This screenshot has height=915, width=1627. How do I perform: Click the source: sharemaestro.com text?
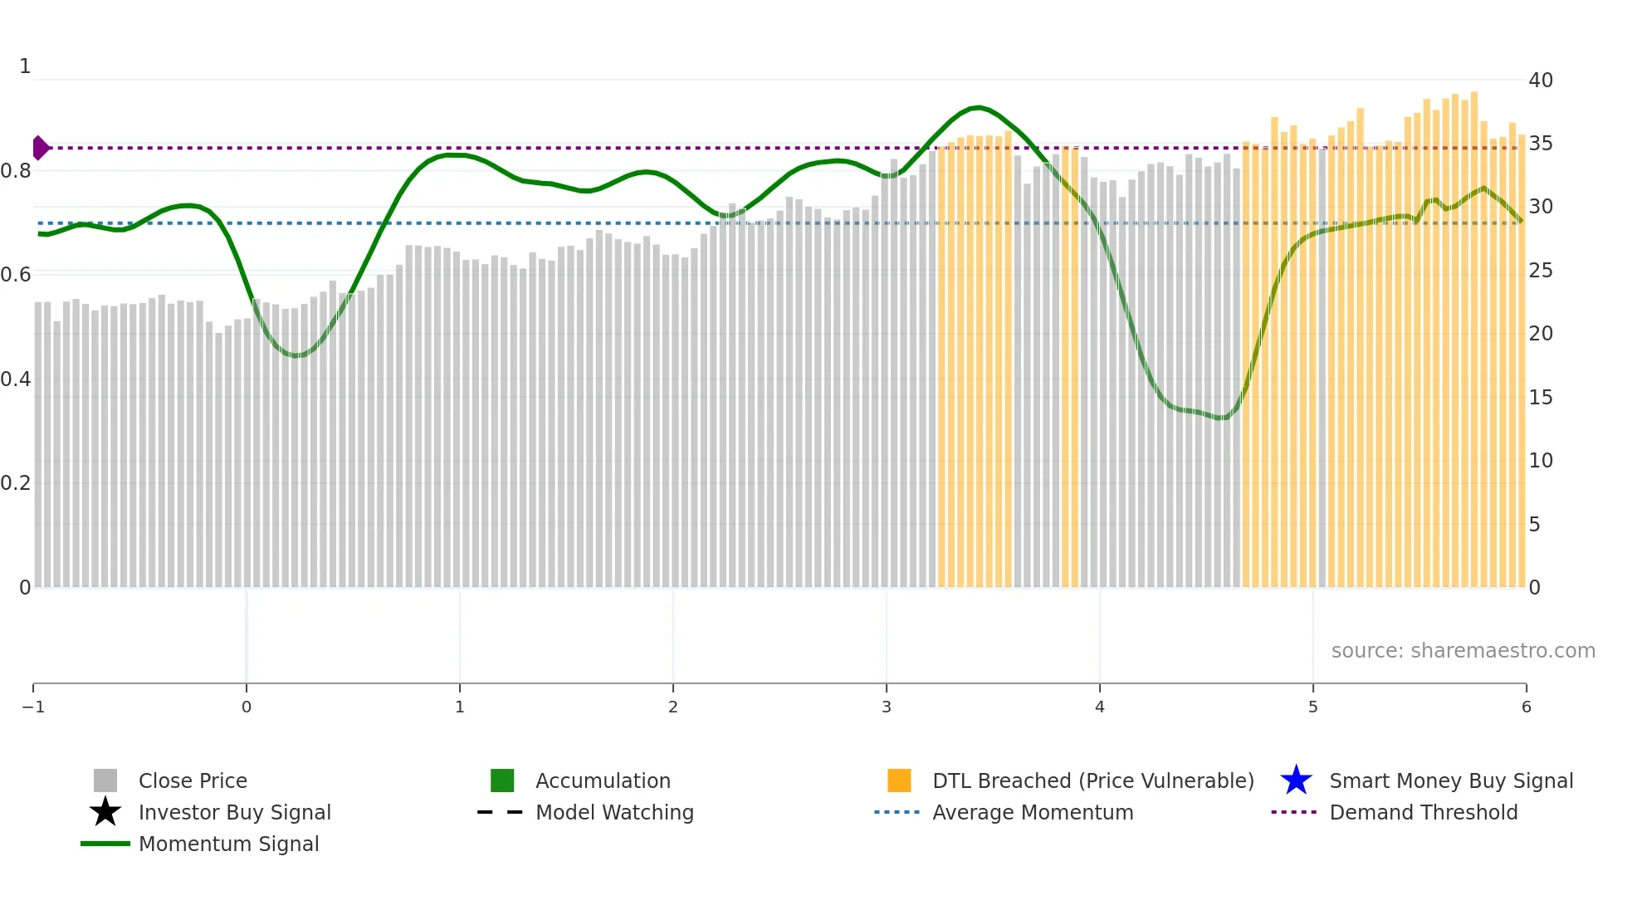(1463, 651)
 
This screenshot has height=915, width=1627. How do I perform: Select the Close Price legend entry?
(193, 781)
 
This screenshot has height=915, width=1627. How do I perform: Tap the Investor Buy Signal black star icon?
(105, 812)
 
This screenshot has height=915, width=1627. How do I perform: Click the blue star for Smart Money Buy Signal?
(1296, 781)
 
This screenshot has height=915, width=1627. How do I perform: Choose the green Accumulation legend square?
(502, 781)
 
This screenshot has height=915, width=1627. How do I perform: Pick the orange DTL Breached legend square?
(899, 781)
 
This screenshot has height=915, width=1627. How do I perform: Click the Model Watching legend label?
(614, 813)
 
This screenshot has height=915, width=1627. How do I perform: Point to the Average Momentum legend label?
(1033, 813)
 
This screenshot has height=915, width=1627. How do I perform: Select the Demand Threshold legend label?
(1423, 813)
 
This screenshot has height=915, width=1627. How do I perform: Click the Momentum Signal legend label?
(228, 844)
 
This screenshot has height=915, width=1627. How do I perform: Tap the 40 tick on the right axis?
(1541, 81)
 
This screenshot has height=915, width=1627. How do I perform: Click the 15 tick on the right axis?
(1541, 398)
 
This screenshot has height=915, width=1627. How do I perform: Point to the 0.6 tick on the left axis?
(16, 275)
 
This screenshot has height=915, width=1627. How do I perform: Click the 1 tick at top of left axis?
(25, 66)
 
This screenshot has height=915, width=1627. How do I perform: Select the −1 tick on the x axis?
(33, 707)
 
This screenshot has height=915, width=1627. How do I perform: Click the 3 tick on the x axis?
(887, 707)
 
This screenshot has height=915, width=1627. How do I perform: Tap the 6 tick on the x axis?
(1526, 707)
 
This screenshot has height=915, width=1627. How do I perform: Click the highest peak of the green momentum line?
(980, 108)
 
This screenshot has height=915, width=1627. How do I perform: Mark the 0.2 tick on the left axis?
(16, 483)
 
